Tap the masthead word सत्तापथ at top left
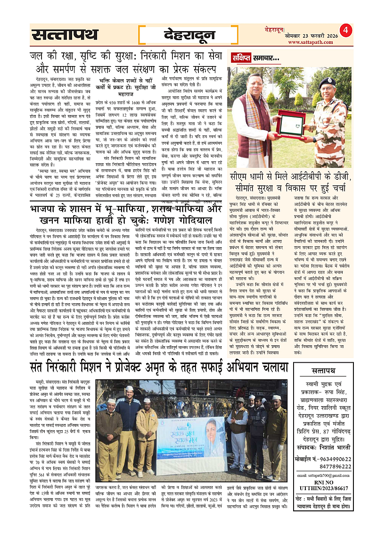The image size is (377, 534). tap(65, 34)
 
